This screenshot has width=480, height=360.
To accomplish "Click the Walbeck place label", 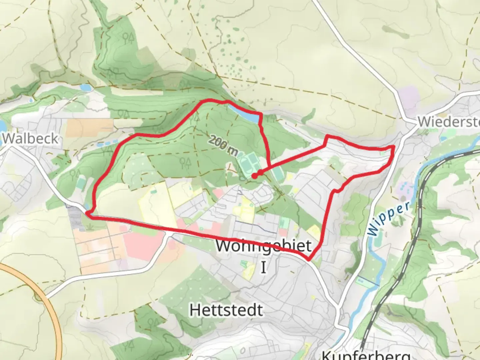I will [x=31, y=139].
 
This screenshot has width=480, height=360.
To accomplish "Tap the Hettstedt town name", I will [x=226, y=310].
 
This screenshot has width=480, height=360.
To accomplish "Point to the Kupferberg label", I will [x=366, y=355].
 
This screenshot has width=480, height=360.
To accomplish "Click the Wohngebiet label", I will [x=263, y=246].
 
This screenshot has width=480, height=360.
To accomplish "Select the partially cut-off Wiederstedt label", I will [x=448, y=122].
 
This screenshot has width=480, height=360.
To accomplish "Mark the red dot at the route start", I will [x=254, y=176].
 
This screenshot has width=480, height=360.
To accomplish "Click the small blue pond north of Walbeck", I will [x=85, y=88].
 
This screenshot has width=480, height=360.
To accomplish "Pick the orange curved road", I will [x=50, y=300].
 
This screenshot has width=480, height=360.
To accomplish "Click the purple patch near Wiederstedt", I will [x=409, y=97].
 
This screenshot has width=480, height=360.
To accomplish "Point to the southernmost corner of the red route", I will [x=308, y=259].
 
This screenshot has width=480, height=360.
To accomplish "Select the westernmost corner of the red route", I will [x=87, y=213].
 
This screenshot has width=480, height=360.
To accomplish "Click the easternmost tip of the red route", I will [x=394, y=147].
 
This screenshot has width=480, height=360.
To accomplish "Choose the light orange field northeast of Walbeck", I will [x=89, y=127].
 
